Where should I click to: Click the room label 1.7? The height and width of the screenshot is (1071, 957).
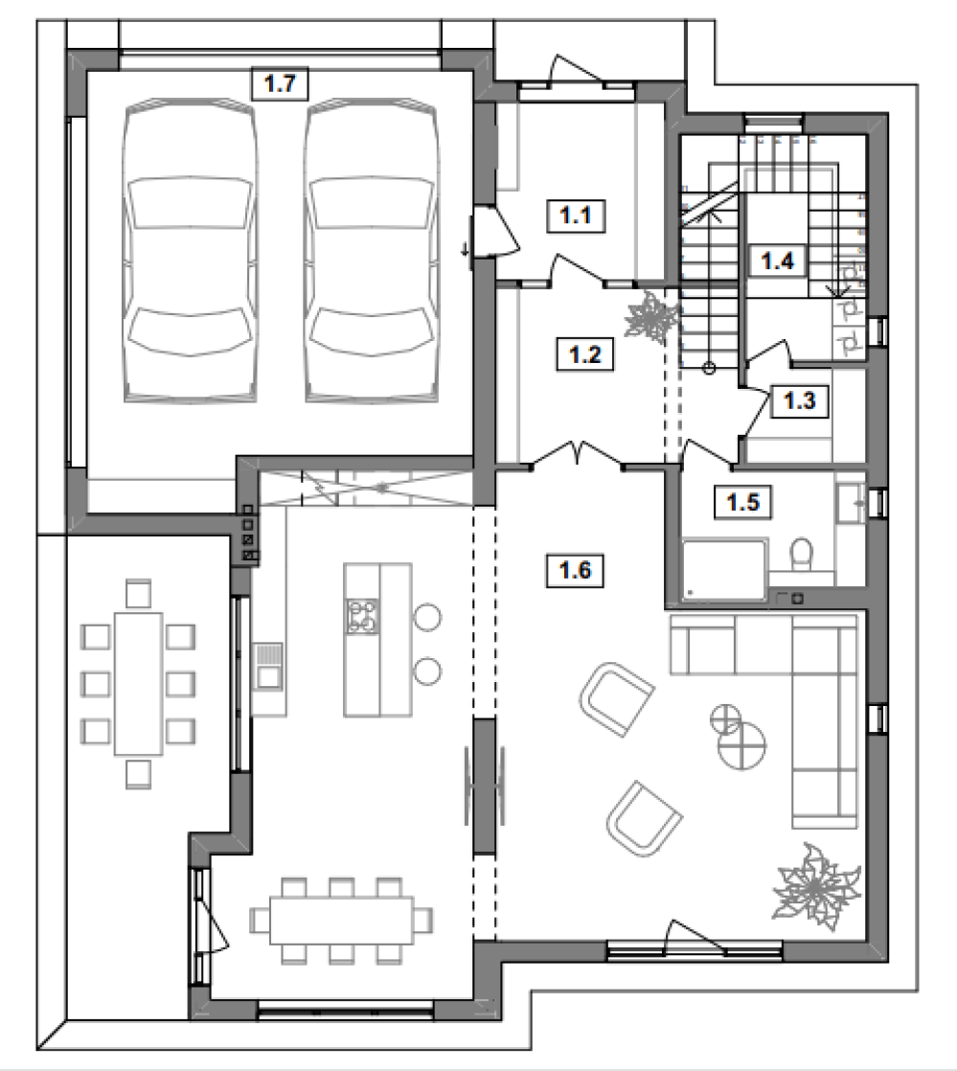(280, 84)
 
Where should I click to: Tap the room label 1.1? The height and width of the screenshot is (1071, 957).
(576, 216)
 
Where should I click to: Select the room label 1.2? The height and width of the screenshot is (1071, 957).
(584, 354)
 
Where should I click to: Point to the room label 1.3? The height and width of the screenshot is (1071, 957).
(799, 400)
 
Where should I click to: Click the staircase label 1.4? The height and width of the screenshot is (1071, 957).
(777, 261)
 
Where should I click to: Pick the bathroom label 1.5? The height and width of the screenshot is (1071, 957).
(743, 503)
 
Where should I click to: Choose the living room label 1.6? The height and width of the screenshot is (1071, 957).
(575, 570)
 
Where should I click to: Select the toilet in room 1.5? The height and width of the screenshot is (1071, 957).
(801, 554)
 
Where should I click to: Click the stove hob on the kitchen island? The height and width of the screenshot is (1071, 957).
(362, 616)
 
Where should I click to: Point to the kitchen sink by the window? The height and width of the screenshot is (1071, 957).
(268, 665)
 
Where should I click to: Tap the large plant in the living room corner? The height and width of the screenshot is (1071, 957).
(814, 886)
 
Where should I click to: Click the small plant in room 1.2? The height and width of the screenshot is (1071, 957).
(651, 317)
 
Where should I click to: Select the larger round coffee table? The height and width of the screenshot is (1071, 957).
(741, 745)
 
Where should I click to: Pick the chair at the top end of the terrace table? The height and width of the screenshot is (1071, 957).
(138, 593)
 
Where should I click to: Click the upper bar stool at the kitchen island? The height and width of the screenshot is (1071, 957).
(427, 617)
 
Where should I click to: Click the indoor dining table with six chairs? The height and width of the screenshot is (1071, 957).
(342, 921)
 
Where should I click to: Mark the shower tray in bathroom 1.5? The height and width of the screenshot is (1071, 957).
(725, 571)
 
